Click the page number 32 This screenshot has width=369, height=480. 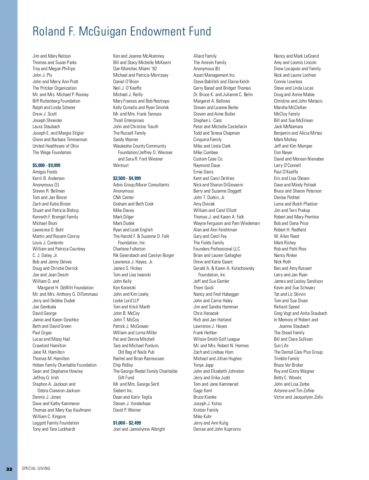tap(9, 469)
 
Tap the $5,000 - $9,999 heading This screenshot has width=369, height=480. tap(46, 165)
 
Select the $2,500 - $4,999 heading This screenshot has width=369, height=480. tap(127, 178)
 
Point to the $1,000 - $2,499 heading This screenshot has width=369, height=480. tap(127, 423)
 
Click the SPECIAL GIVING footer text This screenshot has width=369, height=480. tap(36, 469)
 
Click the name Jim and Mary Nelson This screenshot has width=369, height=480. tap(52, 56)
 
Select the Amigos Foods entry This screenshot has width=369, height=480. tap(45, 172)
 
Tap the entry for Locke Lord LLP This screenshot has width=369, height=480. tap(126, 300)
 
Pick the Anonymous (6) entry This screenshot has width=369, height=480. tap(207, 69)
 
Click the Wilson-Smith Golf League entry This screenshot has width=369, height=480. tap(216, 339)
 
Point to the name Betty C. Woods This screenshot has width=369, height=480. tap(288, 378)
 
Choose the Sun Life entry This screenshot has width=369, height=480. tap(281, 346)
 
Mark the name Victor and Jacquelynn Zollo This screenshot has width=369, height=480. tap(298, 397)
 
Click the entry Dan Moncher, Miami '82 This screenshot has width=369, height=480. tap(135, 69)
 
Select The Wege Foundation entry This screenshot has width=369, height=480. tap(52, 153)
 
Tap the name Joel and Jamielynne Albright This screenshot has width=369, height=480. tap(139, 429)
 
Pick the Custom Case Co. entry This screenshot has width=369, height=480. tap(208, 159)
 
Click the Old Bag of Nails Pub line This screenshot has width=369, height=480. tap(136, 352)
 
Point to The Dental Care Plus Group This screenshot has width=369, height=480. tap(298, 352)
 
